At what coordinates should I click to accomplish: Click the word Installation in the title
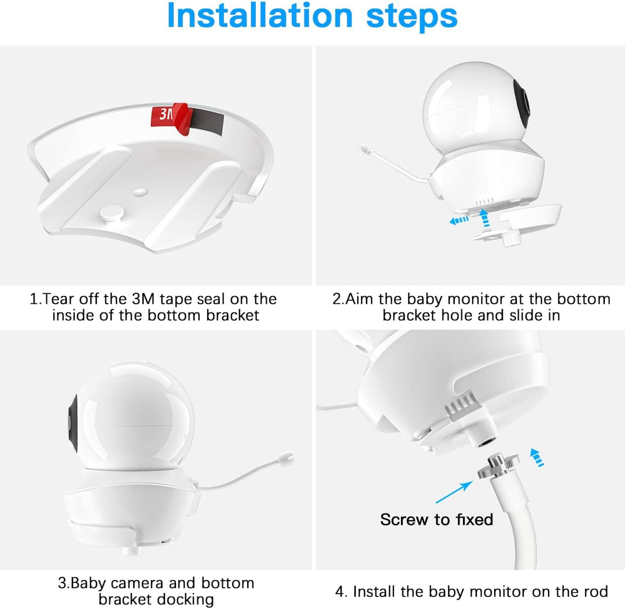pyautogui.click(x=260, y=16)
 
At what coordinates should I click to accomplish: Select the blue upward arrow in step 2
pyautogui.click(x=484, y=219)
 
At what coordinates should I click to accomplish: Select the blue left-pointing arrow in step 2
pyautogui.click(x=459, y=220)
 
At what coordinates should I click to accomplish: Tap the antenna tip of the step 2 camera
pyautogui.click(x=365, y=149)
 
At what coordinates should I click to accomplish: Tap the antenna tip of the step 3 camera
pyautogui.click(x=288, y=457)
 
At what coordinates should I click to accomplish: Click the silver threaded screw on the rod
pyautogui.click(x=498, y=464)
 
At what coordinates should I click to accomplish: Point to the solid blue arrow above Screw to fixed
pyautogui.click(x=454, y=492)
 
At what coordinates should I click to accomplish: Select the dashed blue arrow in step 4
pyautogui.click(x=537, y=457)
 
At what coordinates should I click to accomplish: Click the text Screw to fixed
pyautogui.click(x=436, y=519)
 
